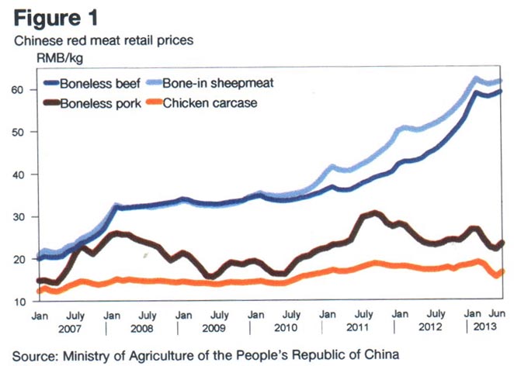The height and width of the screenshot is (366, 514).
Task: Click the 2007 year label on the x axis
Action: pos(71,329)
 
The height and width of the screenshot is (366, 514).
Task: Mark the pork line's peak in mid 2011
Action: pos(376,212)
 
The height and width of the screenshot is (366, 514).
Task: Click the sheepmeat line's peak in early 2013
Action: pos(475,78)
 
